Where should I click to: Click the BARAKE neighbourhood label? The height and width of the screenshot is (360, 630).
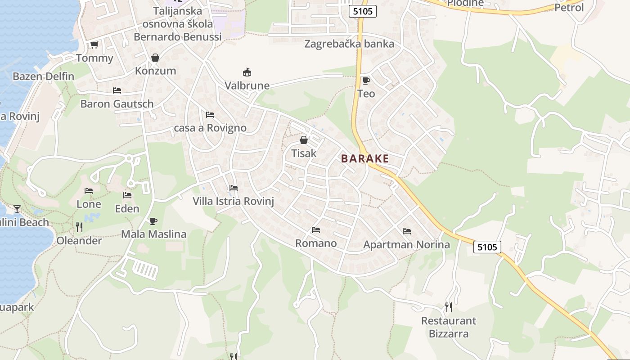pyautogui.click(x=364, y=158)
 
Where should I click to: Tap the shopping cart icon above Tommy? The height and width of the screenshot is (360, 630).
pyautogui.click(x=94, y=45)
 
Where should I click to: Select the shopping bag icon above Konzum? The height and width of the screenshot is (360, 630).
pyautogui.click(x=155, y=58)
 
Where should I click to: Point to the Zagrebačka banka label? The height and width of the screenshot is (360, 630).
pyautogui.click(x=349, y=44)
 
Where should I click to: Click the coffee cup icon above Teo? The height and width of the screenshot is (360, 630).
pyautogui.click(x=366, y=81)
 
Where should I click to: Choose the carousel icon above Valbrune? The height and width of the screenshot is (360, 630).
pyautogui.click(x=247, y=72)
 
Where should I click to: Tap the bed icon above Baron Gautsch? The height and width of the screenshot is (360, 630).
pyautogui.click(x=117, y=90)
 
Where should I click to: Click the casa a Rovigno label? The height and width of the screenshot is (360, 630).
pyautogui.click(x=210, y=128)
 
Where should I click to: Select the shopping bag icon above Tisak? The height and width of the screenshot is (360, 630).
pyautogui.click(x=304, y=140)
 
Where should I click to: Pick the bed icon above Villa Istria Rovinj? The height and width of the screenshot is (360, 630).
pyautogui.click(x=233, y=188)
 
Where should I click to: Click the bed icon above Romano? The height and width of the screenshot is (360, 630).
pyautogui.click(x=316, y=230)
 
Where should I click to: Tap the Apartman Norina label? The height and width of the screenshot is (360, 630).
pyautogui.click(x=406, y=244)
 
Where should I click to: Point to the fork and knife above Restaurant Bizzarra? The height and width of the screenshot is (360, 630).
pyautogui.click(x=448, y=307)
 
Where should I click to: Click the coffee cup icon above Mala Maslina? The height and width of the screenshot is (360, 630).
pyautogui.click(x=153, y=221)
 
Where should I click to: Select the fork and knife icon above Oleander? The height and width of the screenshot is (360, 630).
pyautogui.click(x=79, y=227)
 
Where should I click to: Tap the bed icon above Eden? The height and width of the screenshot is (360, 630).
pyautogui.click(x=127, y=195)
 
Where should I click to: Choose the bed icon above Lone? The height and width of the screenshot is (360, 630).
pyautogui.click(x=89, y=191)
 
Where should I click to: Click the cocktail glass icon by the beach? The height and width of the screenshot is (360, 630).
pyautogui.click(x=17, y=209)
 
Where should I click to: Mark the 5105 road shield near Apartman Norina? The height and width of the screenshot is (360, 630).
pyautogui.click(x=487, y=247)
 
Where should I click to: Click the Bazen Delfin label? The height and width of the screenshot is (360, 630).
pyautogui.click(x=43, y=76)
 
